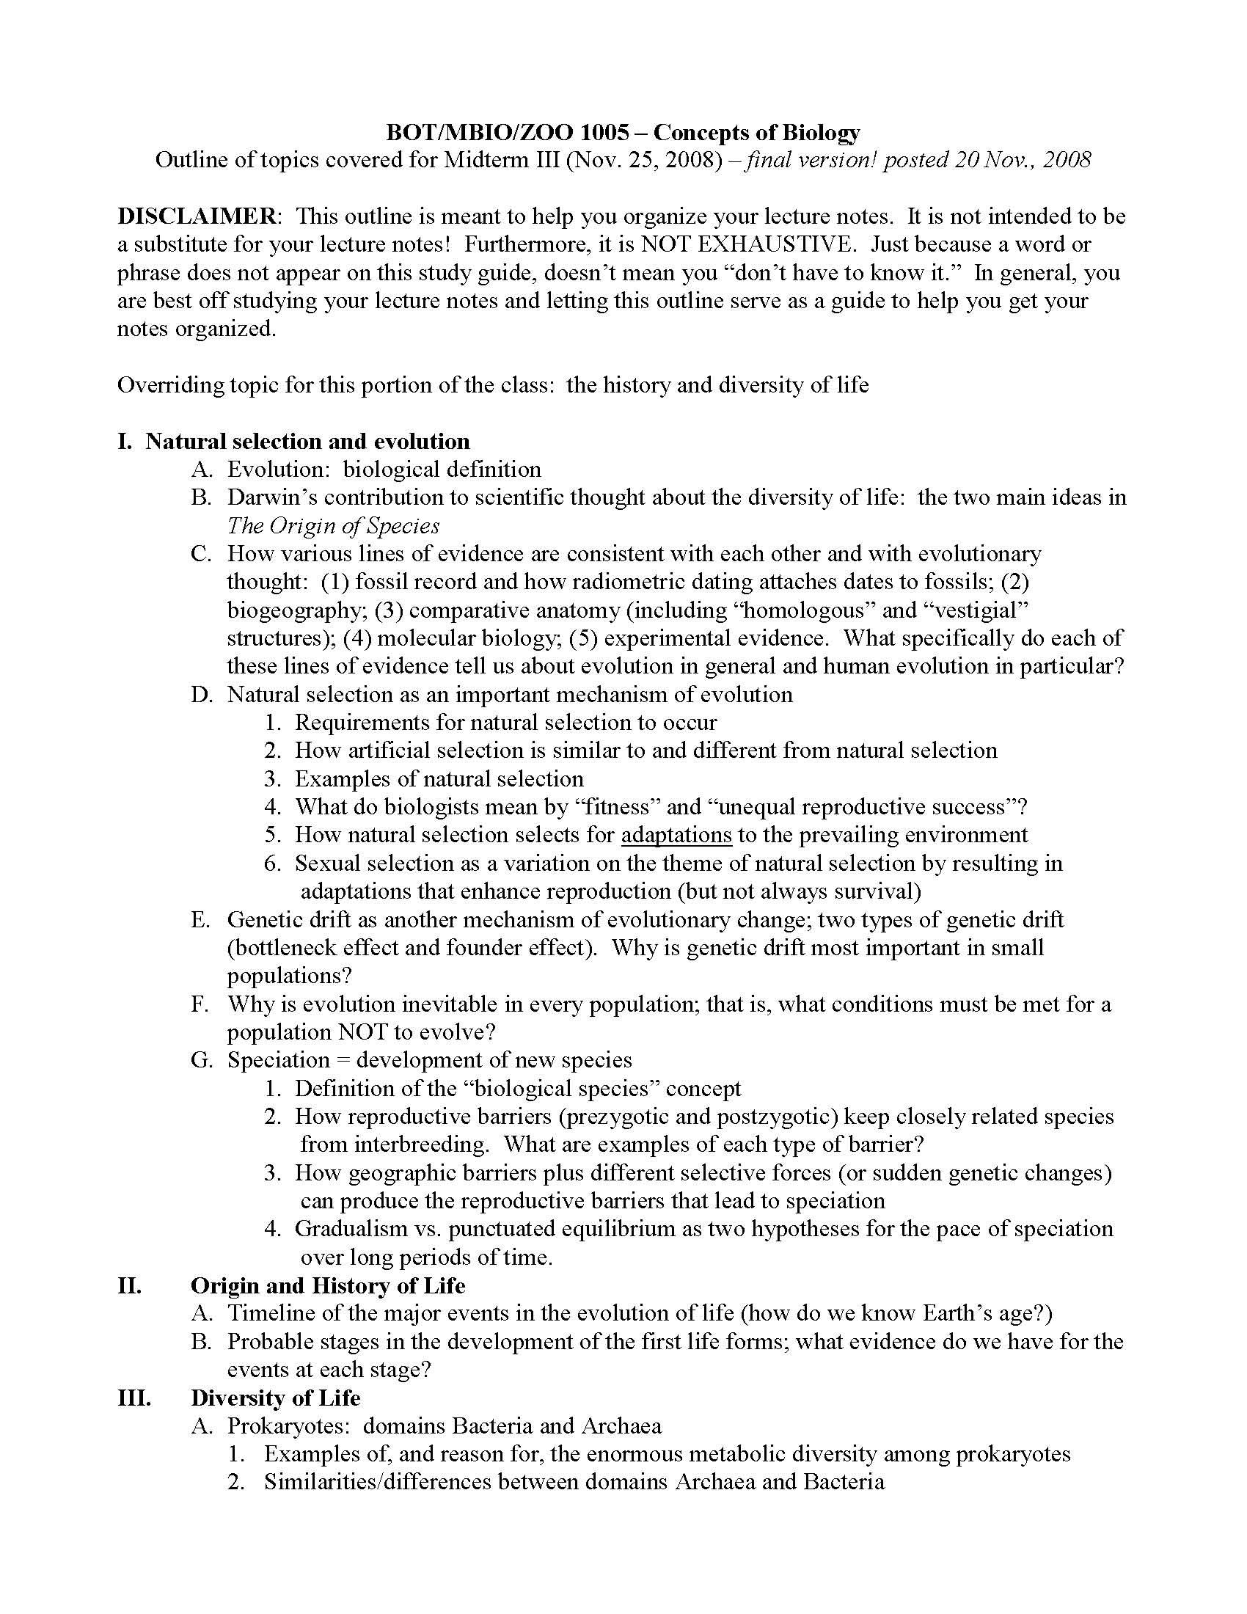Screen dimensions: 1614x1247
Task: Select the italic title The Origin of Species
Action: (333, 525)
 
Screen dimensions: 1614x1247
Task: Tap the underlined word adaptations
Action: (676, 835)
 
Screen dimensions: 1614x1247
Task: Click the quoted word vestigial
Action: (976, 610)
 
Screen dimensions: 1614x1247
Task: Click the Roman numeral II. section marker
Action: (129, 1286)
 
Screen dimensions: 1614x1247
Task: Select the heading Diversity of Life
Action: (276, 1398)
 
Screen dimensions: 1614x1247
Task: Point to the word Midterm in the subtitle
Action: (484, 161)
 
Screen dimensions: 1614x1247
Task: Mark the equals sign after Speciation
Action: (342, 1061)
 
